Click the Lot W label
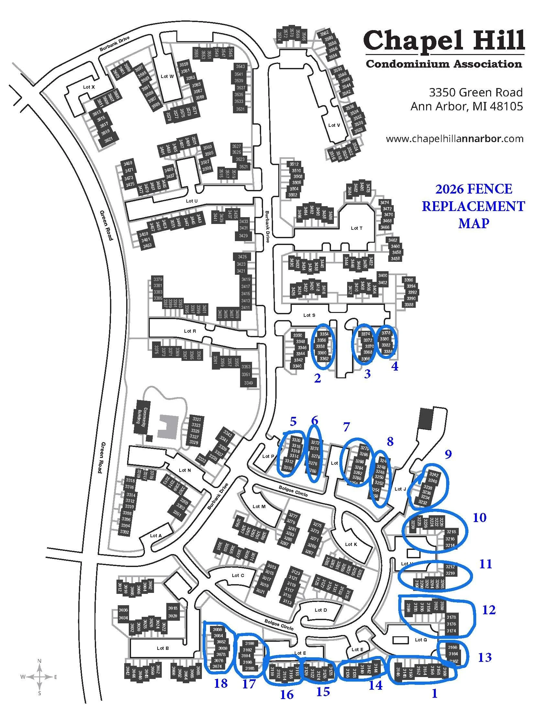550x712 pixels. [167, 76]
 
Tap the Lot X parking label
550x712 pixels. [89, 87]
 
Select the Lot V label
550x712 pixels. [334, 125]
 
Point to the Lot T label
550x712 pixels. [357, 228]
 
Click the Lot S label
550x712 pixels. [309, 315]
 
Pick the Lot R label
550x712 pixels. [190, 331]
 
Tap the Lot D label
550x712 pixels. [321, 610]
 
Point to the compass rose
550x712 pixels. [39, 677]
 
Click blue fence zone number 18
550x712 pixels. [221, 683]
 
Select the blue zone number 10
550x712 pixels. [479, 517]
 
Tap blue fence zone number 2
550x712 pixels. [317, 378]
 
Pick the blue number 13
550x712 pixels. [485, 657]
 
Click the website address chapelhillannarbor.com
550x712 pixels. [455, 139]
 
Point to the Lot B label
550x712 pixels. [163, 648]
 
